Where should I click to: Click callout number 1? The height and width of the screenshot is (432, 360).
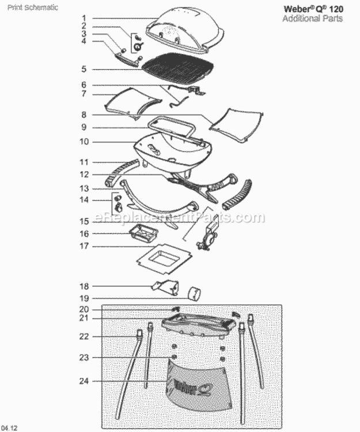84,18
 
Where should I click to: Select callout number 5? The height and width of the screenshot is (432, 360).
84,69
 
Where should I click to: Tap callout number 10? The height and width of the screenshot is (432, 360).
84,142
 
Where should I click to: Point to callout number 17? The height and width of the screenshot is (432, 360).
84,246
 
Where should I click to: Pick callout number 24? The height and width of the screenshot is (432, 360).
84,381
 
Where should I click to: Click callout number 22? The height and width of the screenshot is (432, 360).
84,336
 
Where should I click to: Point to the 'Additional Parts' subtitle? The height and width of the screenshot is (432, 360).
312,18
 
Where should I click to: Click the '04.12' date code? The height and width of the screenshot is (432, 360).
9,427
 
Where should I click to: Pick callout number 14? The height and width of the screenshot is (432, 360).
84,200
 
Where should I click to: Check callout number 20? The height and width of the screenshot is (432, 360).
84,309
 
